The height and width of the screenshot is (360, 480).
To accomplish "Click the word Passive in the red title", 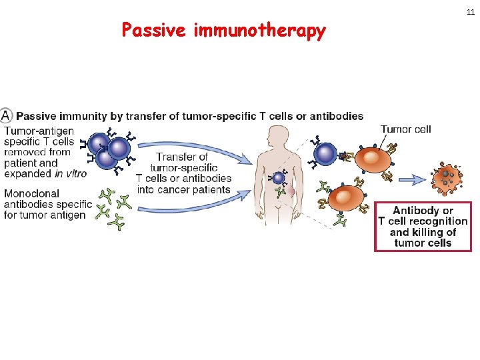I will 155,31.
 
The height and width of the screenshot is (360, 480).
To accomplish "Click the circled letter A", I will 6,115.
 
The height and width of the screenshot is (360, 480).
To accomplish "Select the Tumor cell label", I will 405,129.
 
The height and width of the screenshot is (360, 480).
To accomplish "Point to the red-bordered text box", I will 423,226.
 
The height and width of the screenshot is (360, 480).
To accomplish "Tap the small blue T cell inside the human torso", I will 279,178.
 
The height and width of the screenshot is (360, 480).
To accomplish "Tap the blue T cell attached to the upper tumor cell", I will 325,153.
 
